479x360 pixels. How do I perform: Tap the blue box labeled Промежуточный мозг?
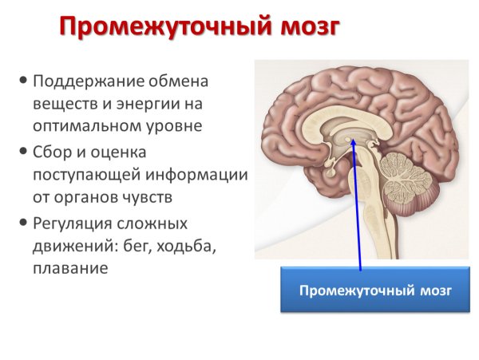[x=374, y=289]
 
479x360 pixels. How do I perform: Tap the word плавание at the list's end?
[x=70, y=268]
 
